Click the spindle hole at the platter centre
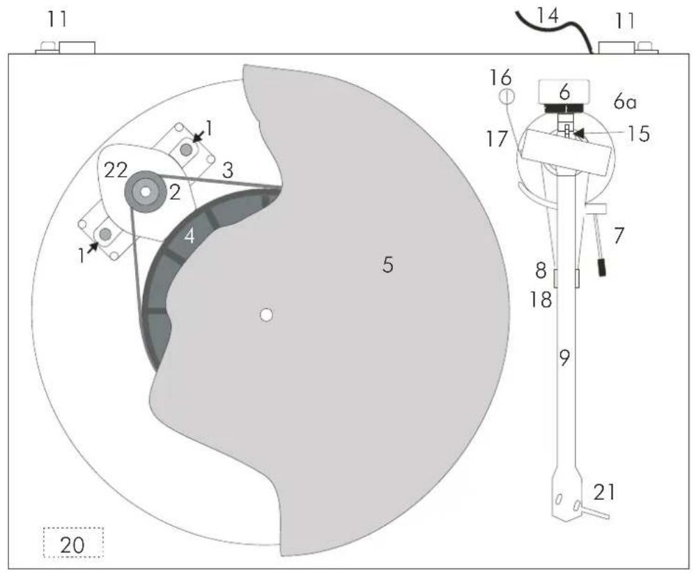click(x=265, y=315)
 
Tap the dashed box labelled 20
click(x=73, y=542)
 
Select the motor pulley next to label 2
click(x=145, y=192)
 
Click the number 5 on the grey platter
click(x=387, y=265)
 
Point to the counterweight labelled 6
click(x=564, y=91)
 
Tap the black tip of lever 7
click(x=602, y=268)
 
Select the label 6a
click(x=624, y=102)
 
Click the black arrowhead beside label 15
click(x=579, y=132)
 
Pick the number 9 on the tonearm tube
click(x=564, y=358)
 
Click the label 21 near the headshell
click(x=604, y=492)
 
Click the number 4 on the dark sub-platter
click(x=189, y=237)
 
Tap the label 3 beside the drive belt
click(x=227, y=170)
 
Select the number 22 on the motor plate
click(x=116, y=170)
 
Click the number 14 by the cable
click(x=548, y=16)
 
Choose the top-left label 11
click(x=57, y=19)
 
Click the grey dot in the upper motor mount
click(x=186, y=150)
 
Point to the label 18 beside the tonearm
click(x=541, y=300)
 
